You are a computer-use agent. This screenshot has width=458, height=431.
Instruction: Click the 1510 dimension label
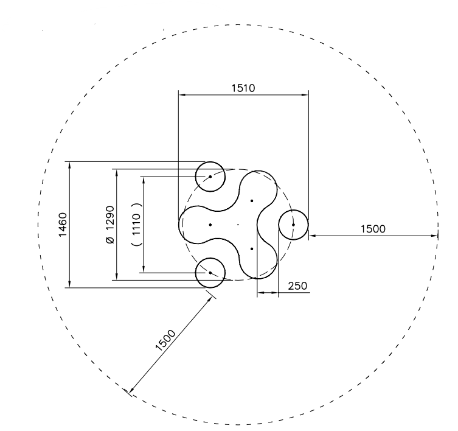pyautogui.click(x=243, y=88)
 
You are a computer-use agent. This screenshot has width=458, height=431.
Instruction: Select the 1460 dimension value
pyautogui.click(x=63, y=225)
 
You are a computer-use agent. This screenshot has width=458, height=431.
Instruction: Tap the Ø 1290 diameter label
pyautogui.click(x=110, y=225)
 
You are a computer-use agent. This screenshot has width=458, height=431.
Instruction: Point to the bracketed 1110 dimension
pyautogui.click(x=137, y=224)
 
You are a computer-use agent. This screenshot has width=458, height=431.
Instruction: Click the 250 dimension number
pyautogui.click(x=297, y=286)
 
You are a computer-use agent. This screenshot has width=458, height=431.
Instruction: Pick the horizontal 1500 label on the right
pyautogui.click(x=373, y=229)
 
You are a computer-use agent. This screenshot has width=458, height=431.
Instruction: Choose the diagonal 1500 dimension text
pyautogui.click(x=165, y=340)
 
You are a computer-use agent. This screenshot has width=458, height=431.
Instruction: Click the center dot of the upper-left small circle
pyautogui.click(x=210, y=177)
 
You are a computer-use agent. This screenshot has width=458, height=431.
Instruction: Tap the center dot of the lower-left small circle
pyautogui.click(x=210, y=273)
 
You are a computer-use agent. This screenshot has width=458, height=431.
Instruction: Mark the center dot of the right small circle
pyautogui.click(x=293, y=225)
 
